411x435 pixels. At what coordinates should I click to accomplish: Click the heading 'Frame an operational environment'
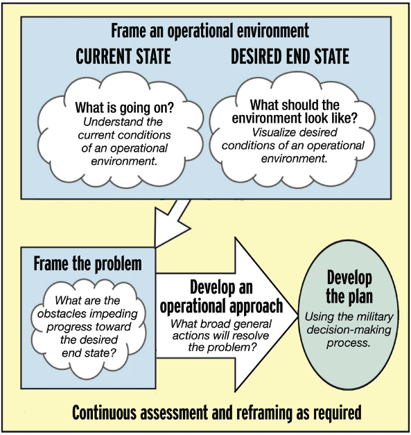(x=210, y=30)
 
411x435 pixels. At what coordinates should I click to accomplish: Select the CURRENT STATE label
(x=123, y=56)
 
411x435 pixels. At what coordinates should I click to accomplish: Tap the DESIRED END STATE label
(x=290, y=56)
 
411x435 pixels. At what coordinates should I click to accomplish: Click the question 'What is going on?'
(x=124, y=107)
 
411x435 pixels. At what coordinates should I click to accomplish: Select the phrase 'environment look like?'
(x=295, y=118)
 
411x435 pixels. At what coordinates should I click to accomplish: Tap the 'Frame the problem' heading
(x=88, y=263)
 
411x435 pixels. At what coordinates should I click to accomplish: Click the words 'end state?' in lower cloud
(x=89, y=353)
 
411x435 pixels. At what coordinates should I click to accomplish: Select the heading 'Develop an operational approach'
(x=221, y=297)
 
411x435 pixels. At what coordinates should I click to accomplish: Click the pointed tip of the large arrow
(x=297, y=315)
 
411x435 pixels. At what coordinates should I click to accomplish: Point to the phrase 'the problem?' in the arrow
(x=222, y=347)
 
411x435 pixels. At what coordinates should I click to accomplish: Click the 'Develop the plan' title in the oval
(x=349, y=287)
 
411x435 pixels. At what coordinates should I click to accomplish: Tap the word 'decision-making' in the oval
(x=349, y=330)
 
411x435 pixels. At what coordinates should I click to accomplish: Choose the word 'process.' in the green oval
(x=349, y=343)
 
